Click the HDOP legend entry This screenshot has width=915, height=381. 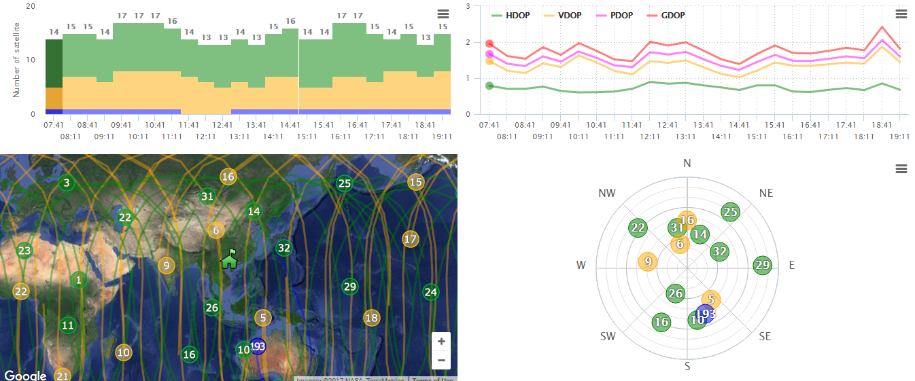click(x=517, y=15)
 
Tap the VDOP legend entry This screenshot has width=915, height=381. click(x=568, y=15)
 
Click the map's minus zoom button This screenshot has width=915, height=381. click(x=441, y=360)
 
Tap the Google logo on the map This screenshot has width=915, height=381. click(x=25, y=376)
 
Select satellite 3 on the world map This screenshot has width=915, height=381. click(x=66, y=183)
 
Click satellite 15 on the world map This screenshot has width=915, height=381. click(x=416, y=182)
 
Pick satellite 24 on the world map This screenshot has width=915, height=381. click(x=430, y=293)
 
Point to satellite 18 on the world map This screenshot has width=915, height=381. click(x=371, y=318)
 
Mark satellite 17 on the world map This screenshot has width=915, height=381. click(x=410, y=239)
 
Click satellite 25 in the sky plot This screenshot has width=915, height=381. click(x=730, y=213)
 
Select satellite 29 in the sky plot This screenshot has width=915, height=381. click(x=763, y=266)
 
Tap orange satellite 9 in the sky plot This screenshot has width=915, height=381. click(x=648, y=261)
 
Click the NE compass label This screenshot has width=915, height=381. click(x=766, y=194)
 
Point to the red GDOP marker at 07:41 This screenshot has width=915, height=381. click(x=489, y=43)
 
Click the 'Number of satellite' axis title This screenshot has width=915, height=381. click(x=17, y=59)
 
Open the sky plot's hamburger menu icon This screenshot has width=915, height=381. click(x=901, y=168)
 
